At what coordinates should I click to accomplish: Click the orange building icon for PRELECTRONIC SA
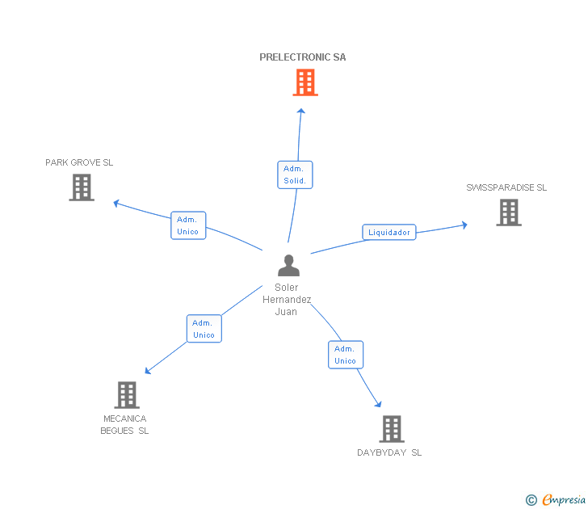[305, 82]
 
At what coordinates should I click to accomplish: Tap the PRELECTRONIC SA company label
[303, 57]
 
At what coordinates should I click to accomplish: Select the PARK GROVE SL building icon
[82, 187]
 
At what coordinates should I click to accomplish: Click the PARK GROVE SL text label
[79, 162]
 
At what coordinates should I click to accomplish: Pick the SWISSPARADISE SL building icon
[509, 212]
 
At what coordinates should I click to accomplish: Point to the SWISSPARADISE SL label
[506, 187]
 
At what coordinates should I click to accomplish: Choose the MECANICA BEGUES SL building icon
[127, 395]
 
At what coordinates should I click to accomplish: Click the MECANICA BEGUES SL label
[124, 425]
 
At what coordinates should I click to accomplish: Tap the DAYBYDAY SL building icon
[392, 429]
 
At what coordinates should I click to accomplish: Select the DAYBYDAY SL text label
[389, 452]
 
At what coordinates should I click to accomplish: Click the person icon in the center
[288, 265]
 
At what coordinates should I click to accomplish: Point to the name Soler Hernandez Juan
[287, 299]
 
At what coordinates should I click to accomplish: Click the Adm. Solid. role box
[295, 175]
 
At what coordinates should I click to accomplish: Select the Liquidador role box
[389, 233]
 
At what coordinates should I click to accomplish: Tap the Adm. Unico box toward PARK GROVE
[188, 225]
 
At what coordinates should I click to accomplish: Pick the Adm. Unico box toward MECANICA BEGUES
[204, 329]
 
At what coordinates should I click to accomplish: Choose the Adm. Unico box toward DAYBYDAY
[346, 355]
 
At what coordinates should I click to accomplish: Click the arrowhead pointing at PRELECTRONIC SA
[301, 112]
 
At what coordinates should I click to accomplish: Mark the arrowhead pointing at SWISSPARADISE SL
[464, 225]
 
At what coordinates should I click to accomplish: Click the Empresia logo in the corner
[556, 500]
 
